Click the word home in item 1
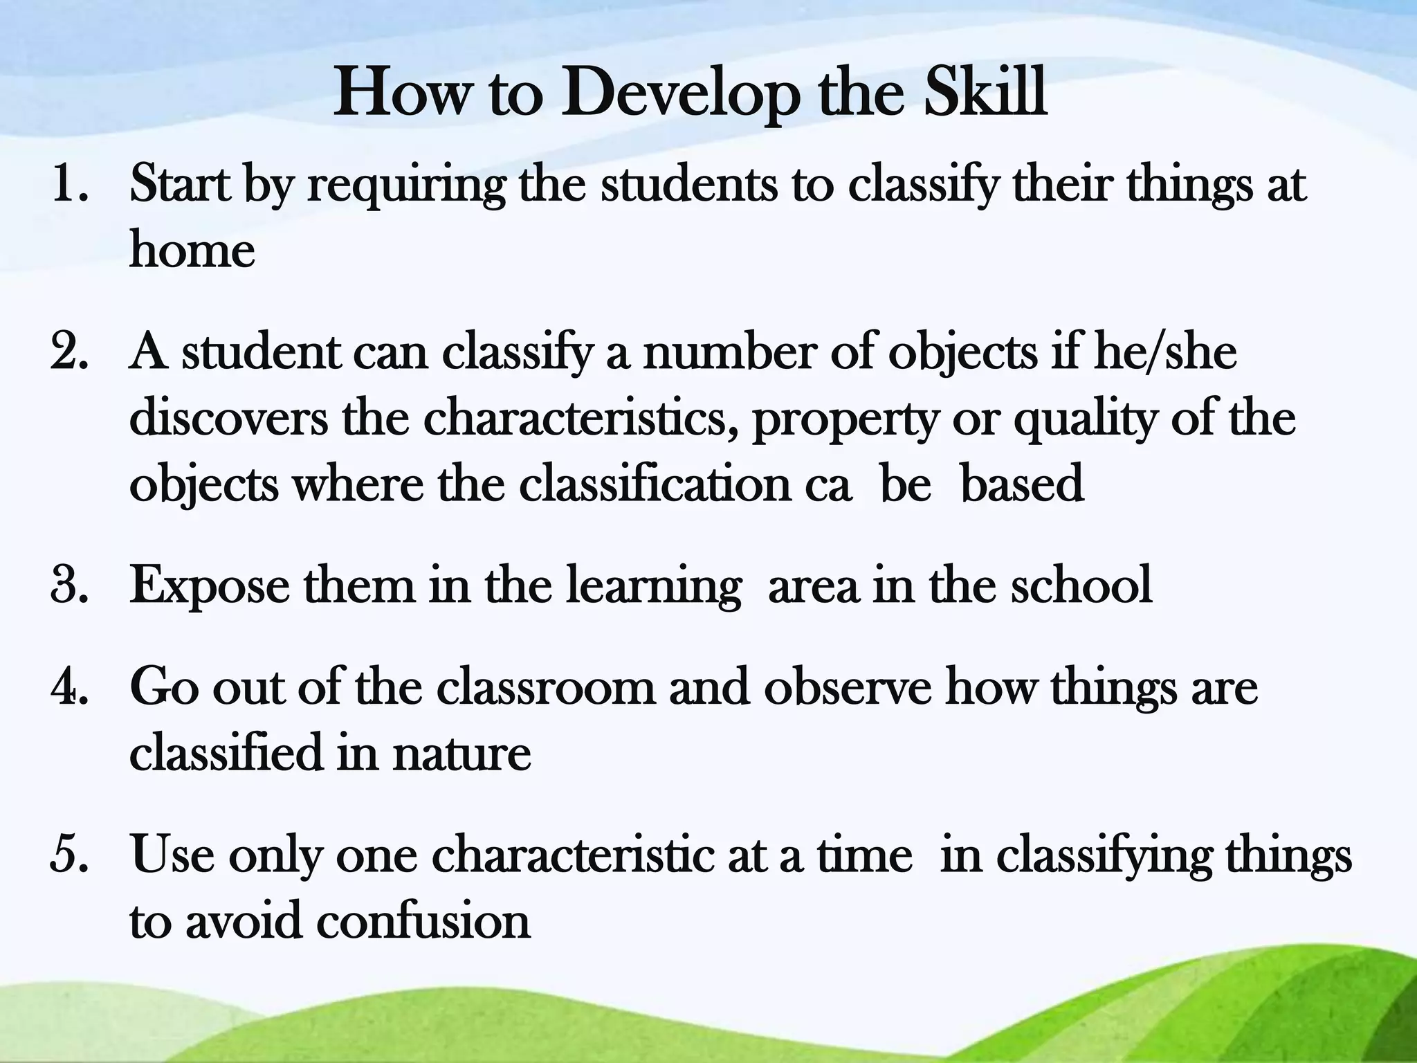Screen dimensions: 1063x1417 coord(192,251)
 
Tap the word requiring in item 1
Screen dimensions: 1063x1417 coord(406,187)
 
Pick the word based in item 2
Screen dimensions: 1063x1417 coord(1022,484)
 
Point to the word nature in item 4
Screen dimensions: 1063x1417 coord(461,752)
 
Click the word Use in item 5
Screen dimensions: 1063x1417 coord(172,855)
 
